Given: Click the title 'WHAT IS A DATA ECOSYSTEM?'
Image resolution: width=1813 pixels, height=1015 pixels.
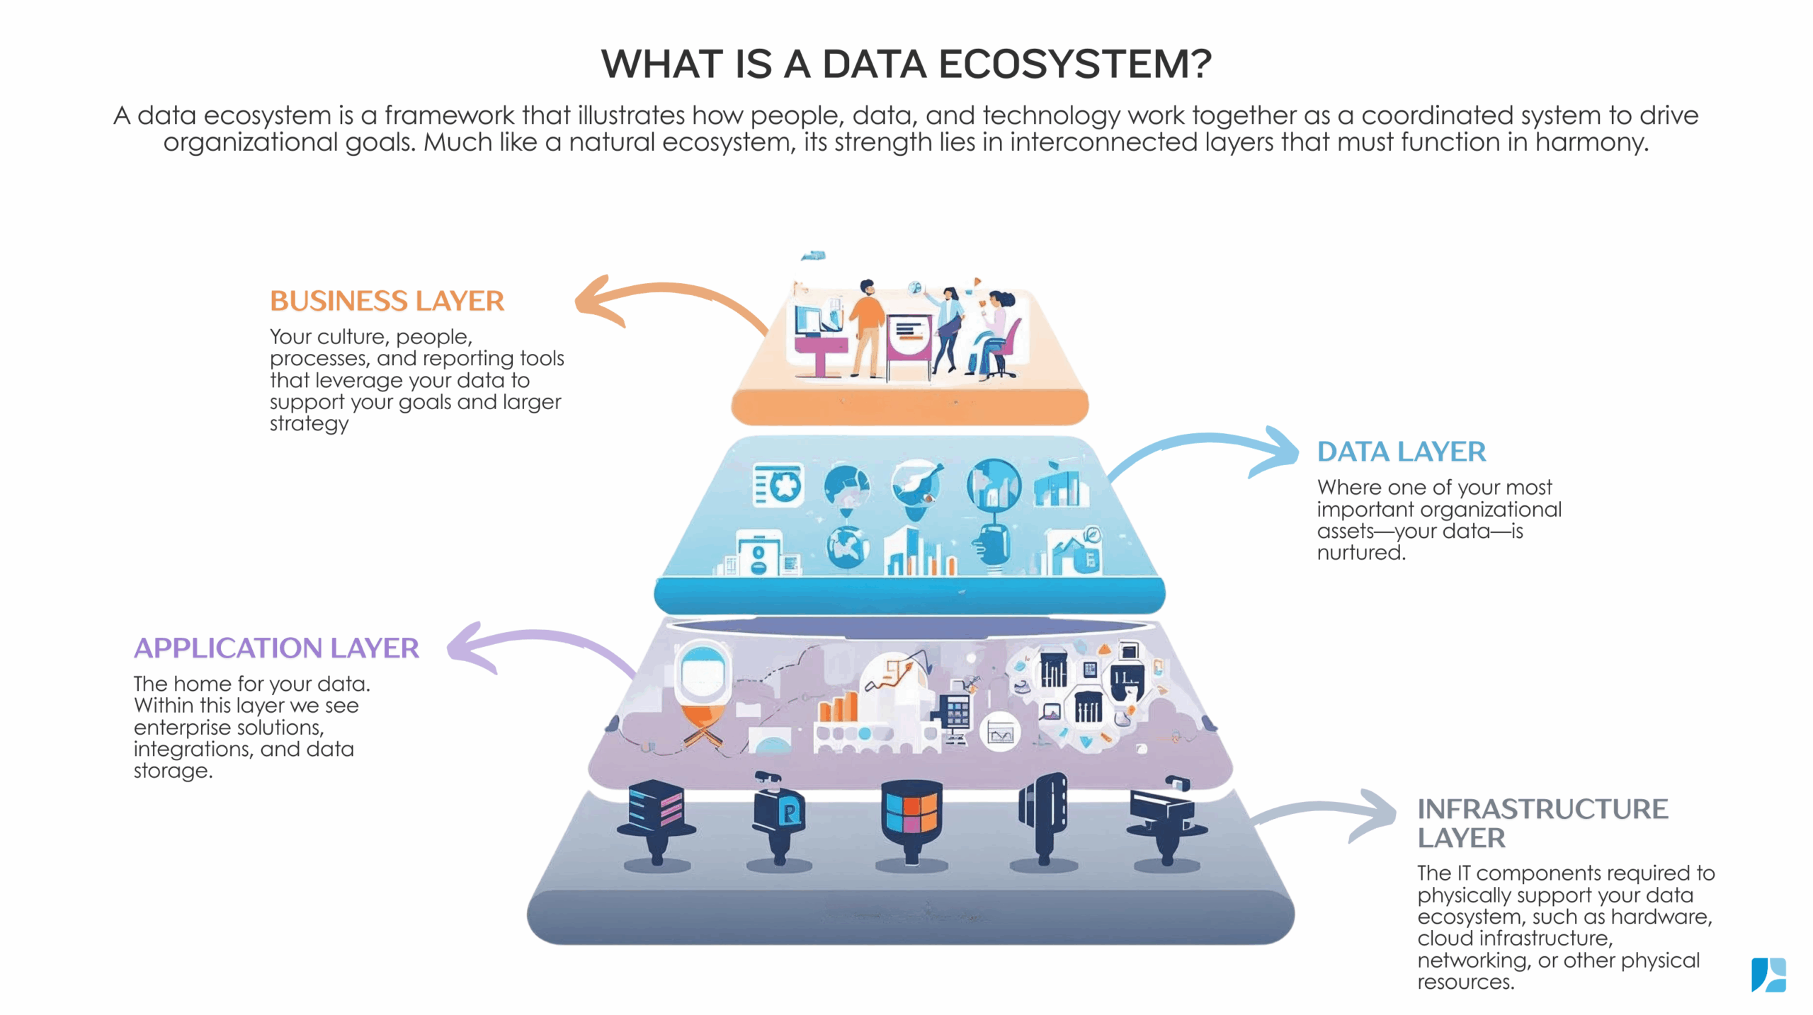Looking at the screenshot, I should pyautogui.click(x=906, y=64).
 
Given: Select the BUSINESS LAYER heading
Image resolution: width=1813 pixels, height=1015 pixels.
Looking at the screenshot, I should pyautogui.click(x=387, y=301).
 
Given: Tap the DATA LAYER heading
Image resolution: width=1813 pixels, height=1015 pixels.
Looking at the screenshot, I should pyautogui.click(x=1401, y=452).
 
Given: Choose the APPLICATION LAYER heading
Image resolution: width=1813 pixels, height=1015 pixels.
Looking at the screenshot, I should pyautogui.click(x=276, y=648).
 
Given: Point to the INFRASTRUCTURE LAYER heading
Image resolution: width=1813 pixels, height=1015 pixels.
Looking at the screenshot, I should pyautogui.click(x=1542, y=822).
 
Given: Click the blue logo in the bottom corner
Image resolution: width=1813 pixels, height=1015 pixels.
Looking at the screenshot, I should pyautogui.click(x=1768, y=975).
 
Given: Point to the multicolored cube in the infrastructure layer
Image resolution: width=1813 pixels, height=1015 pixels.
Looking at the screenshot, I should pyautogui.click(x=911, y=814).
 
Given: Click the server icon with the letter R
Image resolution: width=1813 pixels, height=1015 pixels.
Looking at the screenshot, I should pyautogui.click(x=780, y=814).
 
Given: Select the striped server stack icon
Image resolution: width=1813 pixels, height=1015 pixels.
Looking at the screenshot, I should pyautogui.click(x=656, y=810).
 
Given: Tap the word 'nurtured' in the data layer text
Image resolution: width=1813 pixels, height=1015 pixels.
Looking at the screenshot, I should pyautogui.click(x=1360, y=553).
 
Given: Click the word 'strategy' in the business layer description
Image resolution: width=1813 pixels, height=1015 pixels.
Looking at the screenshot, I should pyautogui.click(x=309, y=424).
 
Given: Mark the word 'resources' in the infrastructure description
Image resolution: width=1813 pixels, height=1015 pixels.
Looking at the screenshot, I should pyautogui.click(x=1465, y=982).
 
